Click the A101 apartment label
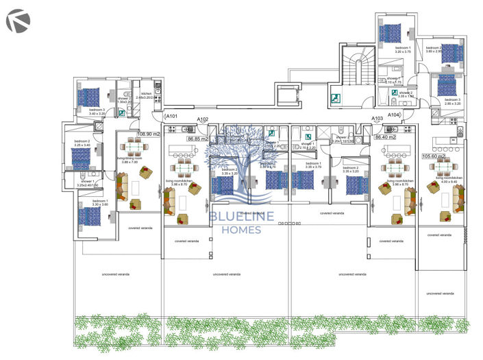click(x=171, y=117)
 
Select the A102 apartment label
click(x=203, y=119)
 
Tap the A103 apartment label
click(x=377, y=119)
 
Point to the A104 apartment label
click(x=394, y=115)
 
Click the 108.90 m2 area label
click(x=149, y=134)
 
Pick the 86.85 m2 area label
click(x=198, y=138)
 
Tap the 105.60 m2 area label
click(x=433, y=156)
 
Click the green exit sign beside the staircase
click(x=336, y=98)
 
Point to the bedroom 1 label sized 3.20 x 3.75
click(x=392, y=49)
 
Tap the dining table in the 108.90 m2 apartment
click(x=133, y=147)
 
